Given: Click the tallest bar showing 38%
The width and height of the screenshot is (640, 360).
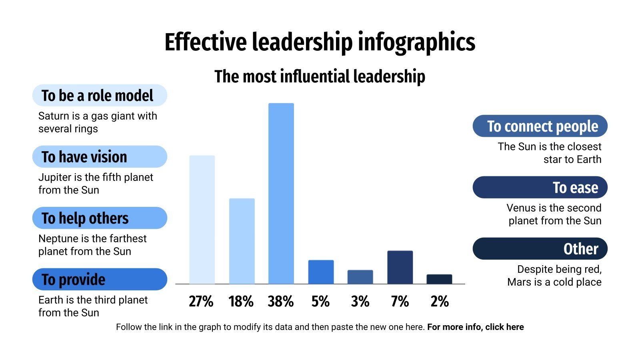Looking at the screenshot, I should (281, 194).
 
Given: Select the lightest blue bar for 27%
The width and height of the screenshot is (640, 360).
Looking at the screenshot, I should (202, 220).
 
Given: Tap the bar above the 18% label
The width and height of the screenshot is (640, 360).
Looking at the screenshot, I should (242, 241).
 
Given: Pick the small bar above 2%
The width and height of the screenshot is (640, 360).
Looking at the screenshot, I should (439, 279).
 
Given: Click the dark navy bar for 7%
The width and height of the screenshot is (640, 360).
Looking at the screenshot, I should (400, 267).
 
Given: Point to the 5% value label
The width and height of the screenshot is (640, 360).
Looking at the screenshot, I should (320, 302).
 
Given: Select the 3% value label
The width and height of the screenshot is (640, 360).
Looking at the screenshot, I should (360, 302).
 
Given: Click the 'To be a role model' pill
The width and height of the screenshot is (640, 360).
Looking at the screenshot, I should (99, 96).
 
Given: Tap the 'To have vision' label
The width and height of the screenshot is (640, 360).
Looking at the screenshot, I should (99, 157).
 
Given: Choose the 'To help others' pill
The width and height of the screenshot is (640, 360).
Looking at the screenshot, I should (99, 218).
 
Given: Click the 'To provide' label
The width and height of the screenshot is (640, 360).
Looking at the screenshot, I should (99, 279).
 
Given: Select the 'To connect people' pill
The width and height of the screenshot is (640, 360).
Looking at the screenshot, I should (540, 126).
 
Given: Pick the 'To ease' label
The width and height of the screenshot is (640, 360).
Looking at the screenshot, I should (540, 188).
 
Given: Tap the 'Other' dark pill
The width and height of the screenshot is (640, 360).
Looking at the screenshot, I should (540, 249).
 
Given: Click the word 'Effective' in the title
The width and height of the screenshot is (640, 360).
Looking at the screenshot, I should (205, 42).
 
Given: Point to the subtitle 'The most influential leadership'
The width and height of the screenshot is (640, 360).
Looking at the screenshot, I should (320, 76).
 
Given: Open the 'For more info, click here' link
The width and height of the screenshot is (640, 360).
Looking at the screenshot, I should (475, 327).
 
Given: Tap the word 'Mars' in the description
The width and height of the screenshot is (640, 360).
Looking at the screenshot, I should (520, 282).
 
